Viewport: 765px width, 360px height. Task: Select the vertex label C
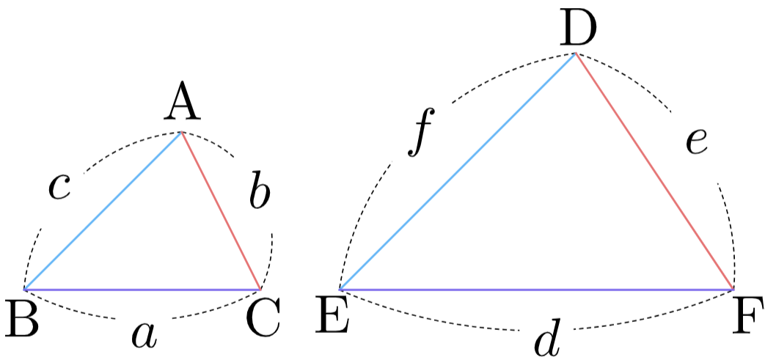coord(264,317)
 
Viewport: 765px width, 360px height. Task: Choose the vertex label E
coord(332,318)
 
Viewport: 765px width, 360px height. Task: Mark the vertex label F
coord(747,318)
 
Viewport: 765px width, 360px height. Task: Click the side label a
coord(145,337)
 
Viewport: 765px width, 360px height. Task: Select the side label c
coord(60,187)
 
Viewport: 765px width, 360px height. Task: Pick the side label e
coord(697,142)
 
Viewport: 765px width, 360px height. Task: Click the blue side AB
coord(103,210)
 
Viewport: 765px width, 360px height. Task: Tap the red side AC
coord(221,210)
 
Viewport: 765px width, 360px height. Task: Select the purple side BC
coord(142,290)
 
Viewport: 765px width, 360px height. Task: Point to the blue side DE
coord(458,172)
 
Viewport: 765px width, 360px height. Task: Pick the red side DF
coord(655,172)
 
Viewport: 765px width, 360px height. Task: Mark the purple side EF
coord(537,290)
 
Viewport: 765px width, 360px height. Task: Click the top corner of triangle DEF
coord(577,54)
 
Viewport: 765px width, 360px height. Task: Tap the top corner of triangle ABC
coord(181,132)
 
